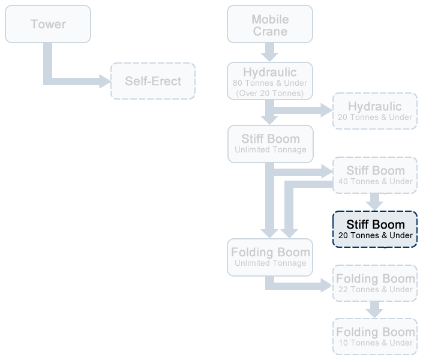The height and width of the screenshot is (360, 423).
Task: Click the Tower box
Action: click(48, 24)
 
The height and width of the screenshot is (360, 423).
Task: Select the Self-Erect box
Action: click(153, 81)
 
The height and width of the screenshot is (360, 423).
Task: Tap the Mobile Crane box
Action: click(270, 25)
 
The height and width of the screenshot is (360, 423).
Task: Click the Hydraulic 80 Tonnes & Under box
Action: click(270, 81)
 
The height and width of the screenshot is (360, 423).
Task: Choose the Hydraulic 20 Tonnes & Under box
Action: click(375, 110)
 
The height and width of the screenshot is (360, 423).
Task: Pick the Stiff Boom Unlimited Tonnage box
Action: click(270, 144)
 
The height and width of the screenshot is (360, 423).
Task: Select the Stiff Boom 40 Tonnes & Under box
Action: click(375, 175)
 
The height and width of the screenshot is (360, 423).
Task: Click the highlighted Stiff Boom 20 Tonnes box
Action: click(375, 229)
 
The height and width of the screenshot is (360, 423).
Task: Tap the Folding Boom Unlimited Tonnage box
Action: click(270, 257)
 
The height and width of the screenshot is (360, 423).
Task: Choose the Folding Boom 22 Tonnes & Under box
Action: click(375, 283)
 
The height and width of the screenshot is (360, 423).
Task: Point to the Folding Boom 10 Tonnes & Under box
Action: click(375, 337)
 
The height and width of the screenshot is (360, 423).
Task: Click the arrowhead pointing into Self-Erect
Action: click(106, 81)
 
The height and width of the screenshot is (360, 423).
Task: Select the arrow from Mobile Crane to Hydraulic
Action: click(270, 52)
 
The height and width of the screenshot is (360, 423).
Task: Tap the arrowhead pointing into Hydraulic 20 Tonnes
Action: click(327, 110)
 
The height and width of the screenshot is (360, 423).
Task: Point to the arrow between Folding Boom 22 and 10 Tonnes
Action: click(375, 310)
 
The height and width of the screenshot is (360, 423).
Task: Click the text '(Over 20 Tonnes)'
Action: click(270, 93)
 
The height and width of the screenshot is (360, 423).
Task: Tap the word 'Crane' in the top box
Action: click(270, 31)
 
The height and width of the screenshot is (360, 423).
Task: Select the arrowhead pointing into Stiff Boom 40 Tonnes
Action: click(327, 172)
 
